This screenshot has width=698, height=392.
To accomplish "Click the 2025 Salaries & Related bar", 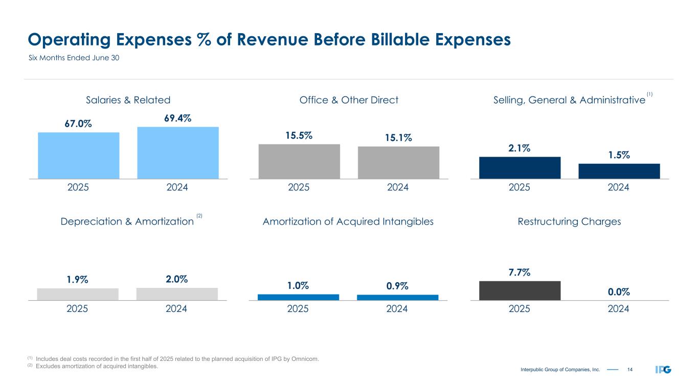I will coord(78,156).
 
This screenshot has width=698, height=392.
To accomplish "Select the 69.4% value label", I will coord(177,118).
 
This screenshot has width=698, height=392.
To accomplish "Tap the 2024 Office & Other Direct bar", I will coord(398,162).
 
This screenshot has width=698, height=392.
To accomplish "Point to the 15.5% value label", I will coord(299,136).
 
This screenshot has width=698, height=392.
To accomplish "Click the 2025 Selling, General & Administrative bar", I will coord(520,167).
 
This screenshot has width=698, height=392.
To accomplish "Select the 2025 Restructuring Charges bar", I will coord(520,290).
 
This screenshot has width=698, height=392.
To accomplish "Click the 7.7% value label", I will coord(520,273).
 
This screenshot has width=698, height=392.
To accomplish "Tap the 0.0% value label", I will coord(619,292).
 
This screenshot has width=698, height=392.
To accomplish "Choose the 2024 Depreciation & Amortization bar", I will coord(177,294).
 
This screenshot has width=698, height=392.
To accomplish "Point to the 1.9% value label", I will coord(77,280).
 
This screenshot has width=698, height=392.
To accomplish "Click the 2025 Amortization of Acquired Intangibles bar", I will coord(299,297).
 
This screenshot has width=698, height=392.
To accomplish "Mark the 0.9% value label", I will coord(397,286).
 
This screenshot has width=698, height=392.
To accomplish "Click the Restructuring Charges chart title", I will coord(569,222).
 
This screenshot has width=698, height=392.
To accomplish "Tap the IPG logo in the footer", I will coord(663,369).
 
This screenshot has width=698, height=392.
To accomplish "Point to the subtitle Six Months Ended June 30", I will coord(73,58).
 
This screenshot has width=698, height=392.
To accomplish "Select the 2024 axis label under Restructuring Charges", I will coord(619,309).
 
